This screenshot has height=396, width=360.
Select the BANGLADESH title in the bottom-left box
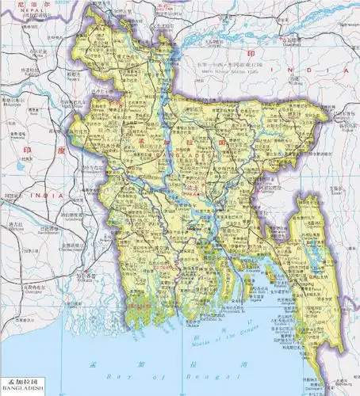pos(22,390)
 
